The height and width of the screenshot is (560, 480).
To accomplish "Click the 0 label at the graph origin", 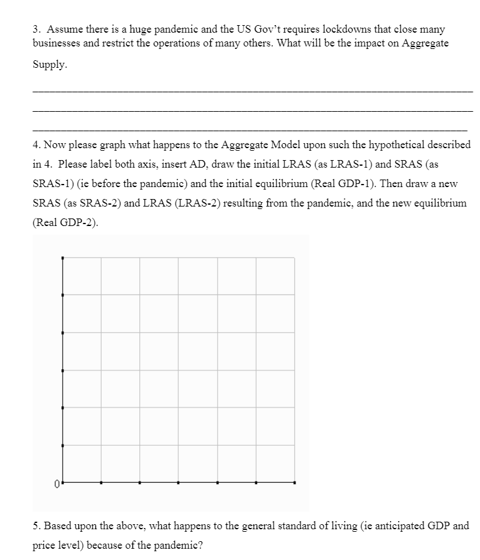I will pos(56,484).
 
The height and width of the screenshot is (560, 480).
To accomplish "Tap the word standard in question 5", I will pos(284,525).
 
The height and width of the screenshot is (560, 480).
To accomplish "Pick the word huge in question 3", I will pos(116,29).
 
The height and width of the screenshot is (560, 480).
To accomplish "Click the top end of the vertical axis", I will pos(62,257).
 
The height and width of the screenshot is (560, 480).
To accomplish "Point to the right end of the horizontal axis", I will pos(295,483).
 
